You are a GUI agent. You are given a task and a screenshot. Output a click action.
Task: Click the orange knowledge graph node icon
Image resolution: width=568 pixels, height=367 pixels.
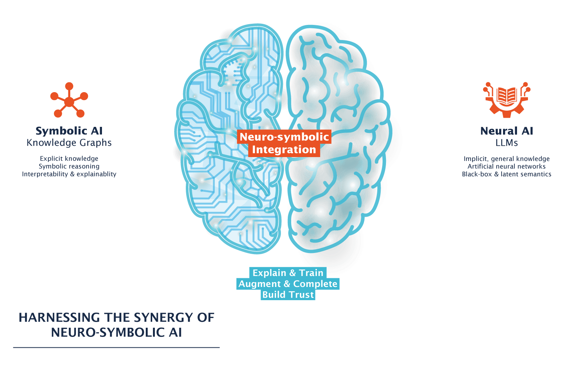[x=69, y=102]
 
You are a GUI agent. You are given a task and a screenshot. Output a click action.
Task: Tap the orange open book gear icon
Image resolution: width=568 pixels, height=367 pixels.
[x=507, y=100]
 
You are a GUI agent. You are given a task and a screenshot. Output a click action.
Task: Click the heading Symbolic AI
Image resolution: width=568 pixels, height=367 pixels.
[x=69, y=131]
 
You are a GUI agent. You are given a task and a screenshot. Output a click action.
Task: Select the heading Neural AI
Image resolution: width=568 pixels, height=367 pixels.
[x=507, y=131]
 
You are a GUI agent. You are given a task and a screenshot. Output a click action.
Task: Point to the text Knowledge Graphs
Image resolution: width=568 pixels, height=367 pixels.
[x=69, y=143]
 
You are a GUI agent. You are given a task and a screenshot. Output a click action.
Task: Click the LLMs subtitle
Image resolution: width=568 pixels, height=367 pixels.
[x=507, y=143]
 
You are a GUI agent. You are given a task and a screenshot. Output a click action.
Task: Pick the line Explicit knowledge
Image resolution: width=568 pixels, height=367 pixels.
[x=69, y=159]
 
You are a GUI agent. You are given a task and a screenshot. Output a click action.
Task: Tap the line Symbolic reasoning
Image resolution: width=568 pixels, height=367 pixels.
[x=69, y=166]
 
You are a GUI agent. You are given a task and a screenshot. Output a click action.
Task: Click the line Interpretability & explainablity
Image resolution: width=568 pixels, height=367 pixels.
[x=69, y=174]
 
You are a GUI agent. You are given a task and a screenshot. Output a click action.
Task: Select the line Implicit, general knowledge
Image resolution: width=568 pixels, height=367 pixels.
[x=507, y=159]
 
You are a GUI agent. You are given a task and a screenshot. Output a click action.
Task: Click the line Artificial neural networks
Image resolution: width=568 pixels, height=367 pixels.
[x=507, y=167]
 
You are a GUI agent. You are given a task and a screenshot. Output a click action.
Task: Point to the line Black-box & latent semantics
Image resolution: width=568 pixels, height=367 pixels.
[x=507, y=174]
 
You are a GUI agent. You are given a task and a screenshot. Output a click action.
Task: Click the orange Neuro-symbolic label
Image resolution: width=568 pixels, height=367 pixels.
[x=284, y=137]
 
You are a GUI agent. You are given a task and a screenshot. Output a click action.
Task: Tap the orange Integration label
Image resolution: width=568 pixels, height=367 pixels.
[x=284, y=150]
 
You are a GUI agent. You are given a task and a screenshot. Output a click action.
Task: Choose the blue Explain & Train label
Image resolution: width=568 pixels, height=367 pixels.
[x=288, y=273]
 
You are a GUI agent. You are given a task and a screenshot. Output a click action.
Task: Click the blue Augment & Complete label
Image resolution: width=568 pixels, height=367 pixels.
[x=288, y=284]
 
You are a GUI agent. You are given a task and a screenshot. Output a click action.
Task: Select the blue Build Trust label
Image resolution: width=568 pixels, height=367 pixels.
[x=288, y=295]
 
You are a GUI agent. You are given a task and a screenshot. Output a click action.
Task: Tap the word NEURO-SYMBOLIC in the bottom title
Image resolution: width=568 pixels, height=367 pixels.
[x=108, y=333]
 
